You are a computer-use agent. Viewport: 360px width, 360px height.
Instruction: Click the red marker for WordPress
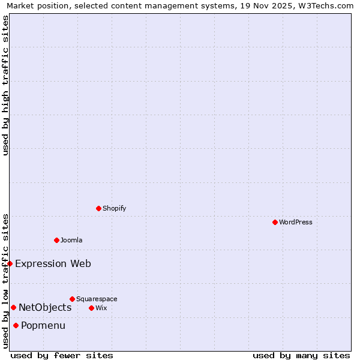point(275,222)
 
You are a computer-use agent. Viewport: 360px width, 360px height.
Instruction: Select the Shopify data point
point(98,208)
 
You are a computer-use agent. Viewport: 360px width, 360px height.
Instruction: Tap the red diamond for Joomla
point(56,240)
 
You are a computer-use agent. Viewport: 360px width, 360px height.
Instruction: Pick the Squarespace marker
point(72,299)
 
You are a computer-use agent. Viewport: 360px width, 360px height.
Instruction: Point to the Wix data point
point(91,308)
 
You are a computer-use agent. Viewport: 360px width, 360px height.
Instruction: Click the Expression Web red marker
point(10,263)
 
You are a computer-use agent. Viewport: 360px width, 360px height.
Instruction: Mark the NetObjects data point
point(13,308)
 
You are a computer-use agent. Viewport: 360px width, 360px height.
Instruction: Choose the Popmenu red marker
point(16,326)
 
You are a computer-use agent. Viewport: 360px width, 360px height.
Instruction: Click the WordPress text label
point(296,222)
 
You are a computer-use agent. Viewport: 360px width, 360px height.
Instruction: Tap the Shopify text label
point(115,208)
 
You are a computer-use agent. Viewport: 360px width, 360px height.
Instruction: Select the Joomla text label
point(71,240)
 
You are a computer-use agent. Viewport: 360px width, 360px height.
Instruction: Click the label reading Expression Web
point(53,263)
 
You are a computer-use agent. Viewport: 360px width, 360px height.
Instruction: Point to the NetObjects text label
point(45,308)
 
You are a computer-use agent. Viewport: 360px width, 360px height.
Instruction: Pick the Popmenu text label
point(43,326)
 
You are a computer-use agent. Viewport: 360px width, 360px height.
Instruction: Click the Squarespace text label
point(97,299)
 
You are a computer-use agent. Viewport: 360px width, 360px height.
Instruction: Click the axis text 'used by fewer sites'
point(62,355)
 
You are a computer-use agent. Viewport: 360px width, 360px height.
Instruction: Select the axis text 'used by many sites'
point(301,355)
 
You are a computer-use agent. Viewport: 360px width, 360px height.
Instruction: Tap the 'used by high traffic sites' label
point(5,85)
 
